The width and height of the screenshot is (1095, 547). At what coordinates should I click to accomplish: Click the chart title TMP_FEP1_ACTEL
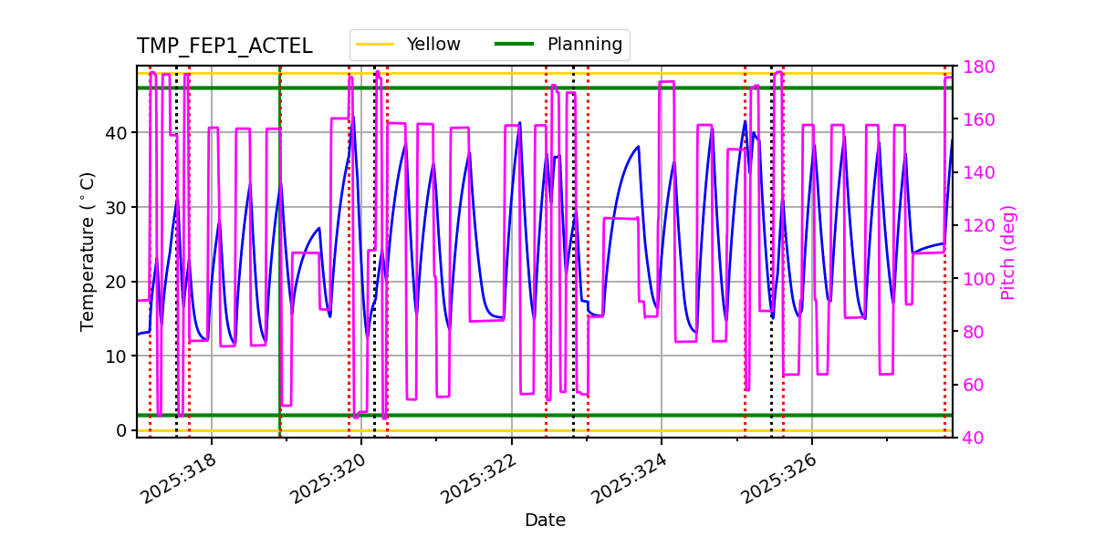point(224,46)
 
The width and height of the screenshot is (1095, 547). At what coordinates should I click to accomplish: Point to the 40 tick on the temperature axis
point(117,133)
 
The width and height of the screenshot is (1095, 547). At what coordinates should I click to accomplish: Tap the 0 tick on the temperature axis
point(122,430)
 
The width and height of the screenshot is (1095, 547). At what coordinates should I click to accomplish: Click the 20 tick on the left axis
point(117,282)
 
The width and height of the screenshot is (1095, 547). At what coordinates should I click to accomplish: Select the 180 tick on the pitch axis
point(974,67)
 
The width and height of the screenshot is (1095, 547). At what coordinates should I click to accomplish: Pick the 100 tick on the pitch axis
point(974,279)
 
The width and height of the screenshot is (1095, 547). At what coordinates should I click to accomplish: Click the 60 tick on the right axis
point(970,385)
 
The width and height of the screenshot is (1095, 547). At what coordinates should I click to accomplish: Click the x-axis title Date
point(545,521)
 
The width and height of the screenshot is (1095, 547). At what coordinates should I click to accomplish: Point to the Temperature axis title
point(88,251)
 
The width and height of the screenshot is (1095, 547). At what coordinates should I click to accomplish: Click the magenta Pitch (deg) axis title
point(1007,252)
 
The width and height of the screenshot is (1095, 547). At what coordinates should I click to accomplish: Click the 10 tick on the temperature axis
point(117,356)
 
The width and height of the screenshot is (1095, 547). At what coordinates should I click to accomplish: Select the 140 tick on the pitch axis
point(974,173)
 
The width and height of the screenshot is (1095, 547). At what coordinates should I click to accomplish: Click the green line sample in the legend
point(515,45)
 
